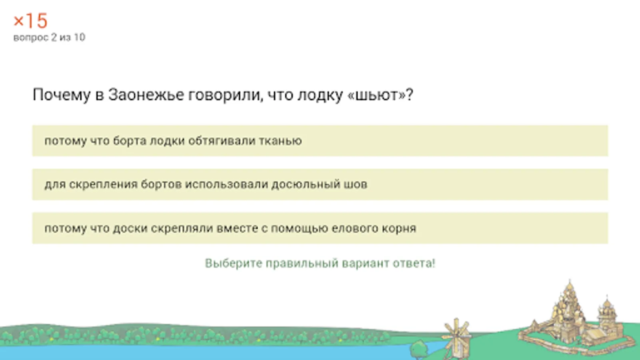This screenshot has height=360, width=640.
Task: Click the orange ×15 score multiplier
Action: pyautogui.click(x=30, y=20)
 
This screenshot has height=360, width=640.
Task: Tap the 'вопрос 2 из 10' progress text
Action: pyautogui.click(x=49, y=38)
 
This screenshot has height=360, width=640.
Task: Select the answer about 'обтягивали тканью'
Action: pyautogui.click(x=320, y=140)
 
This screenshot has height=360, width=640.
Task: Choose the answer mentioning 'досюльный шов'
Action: pyautogui.click(x=320, y=184)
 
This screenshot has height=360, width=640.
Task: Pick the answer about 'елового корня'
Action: pyautogui.click(x=320, y=228)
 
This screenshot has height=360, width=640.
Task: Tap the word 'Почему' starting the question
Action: pyautogui.click(x=62, y=95)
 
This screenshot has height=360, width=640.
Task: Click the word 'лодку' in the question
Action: pyautogui.click(x=320, y=95)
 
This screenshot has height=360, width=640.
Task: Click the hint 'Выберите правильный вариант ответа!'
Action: pyautogui.click(x=320, y=263)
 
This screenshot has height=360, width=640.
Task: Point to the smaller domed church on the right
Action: pyautogui.click(x=606, y=320)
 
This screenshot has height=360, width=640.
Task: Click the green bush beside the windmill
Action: pyautogui.click(x=419, y=349)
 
